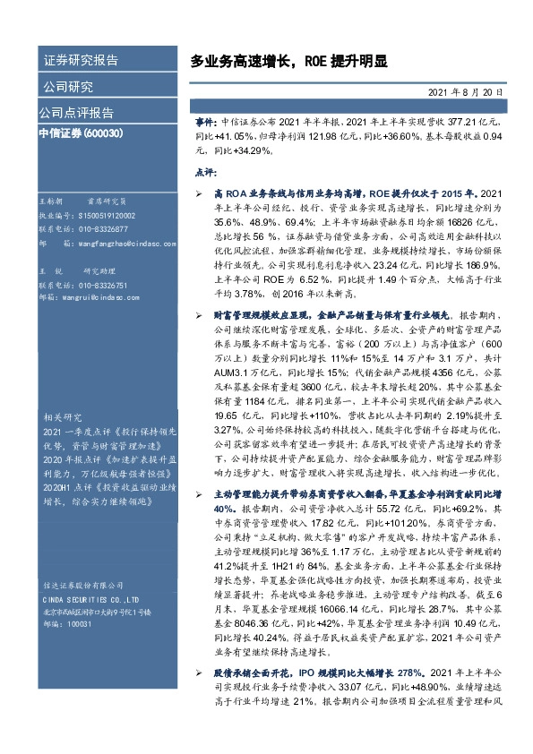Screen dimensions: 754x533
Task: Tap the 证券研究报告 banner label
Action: point(81,61)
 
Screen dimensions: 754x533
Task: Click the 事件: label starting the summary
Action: point(206,120)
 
